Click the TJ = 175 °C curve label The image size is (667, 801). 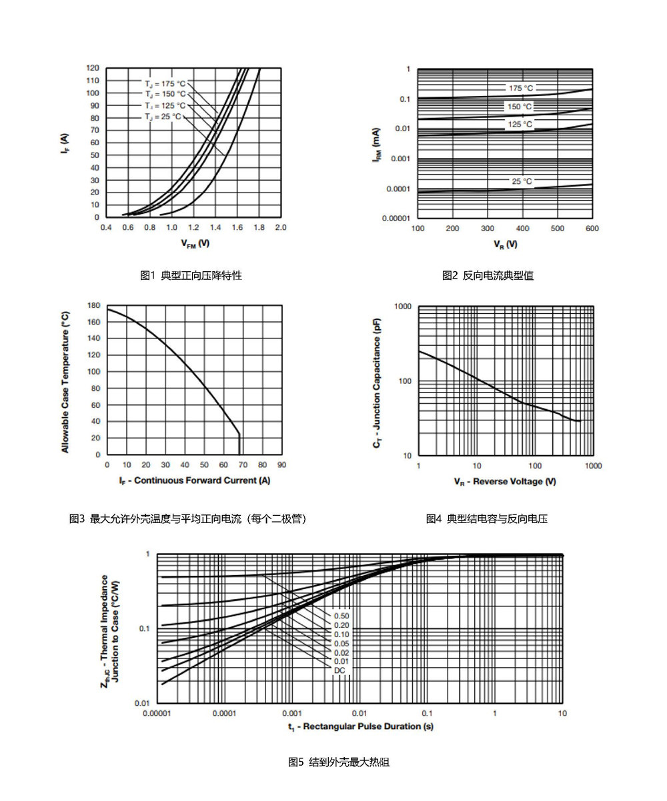pyautogui.click(x=165, y=83)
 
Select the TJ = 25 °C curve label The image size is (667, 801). pyautogui.click(x=163, y=117)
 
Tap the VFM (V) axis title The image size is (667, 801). pyautogui.click(x=195, y=243)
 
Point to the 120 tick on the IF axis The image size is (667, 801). pyautogui.click(x=93, y=68)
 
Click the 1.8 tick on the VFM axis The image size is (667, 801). pyautogui.click(x=259, y=227)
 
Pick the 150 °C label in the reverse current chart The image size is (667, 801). pyautogui.click(x=520, y=106)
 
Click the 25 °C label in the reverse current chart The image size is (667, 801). pyautogui.click(x=522, y=181)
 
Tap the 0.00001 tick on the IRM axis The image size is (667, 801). pyautogui.click(x=396, y=219)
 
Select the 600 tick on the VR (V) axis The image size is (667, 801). pyautogui.click(x=592, y=229)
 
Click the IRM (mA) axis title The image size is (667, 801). pyautogui.click(x=377, y=145)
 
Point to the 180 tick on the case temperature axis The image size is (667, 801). pyautogui.click(x=93, y=305)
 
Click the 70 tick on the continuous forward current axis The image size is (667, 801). pyautogui.click(x=243, y=464)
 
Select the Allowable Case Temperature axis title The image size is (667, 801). pyautogui.click(x=65, y=382)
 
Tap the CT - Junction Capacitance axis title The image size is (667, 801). pyautogui.click(x=377, y=383)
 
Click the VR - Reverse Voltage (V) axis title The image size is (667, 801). pyautogui.click(x=504, y=481)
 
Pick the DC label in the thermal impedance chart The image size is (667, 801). pyautogui.click(x=340, y=670)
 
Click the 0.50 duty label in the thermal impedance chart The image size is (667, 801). pyautogui.click(x=342, y=616)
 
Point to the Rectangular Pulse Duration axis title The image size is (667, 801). pyautogui.click(x=361, y=726)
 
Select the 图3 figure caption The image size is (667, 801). pyautogui.click(x=188, y=518)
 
